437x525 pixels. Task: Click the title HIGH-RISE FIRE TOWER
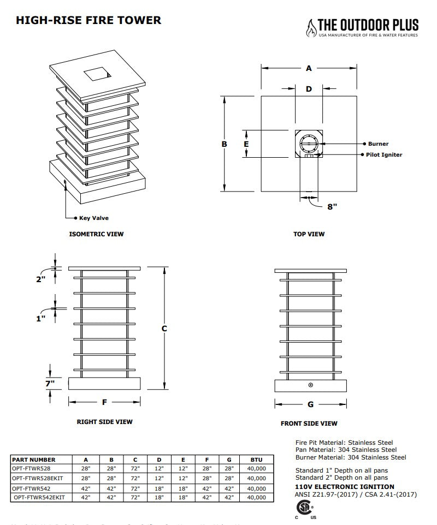pyautogui.click(x=88, y=21)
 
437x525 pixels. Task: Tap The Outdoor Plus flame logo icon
pyautogui.click(x=311, y=27)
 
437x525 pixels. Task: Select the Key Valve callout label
pyautogui.click(x=94, y=218)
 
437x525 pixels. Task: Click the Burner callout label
pyautogui.click(x=378, y=144)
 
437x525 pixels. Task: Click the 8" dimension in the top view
pyautogui.click(x=332, y=206)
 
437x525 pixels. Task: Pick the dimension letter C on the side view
pyautogui.click(x=164, y=329)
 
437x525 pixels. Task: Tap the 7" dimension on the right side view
pyautogui.click(x=50, y=384)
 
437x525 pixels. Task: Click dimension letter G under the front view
pyautogui.click(x=310, y=404)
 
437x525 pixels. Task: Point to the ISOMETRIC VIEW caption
pyautogui.click(x=96, y=234)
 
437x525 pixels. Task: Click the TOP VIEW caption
pyautogui.click(x=309, y=234)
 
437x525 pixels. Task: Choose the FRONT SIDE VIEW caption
pyautogui.click(x=309, y=423)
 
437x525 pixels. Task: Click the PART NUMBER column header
pyautogui.click(x=34, y=460)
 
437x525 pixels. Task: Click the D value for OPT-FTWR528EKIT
pyautogui.click(x=159, y=478)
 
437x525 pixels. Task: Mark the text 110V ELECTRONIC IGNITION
pyautogui.click(x=344, y=487)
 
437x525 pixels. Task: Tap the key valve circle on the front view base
pyautogui.click(x=311, y=385)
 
